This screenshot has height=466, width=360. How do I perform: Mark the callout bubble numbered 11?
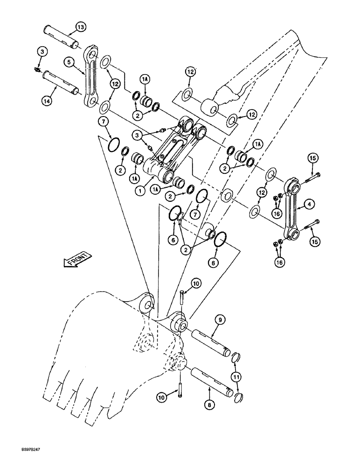238,377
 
